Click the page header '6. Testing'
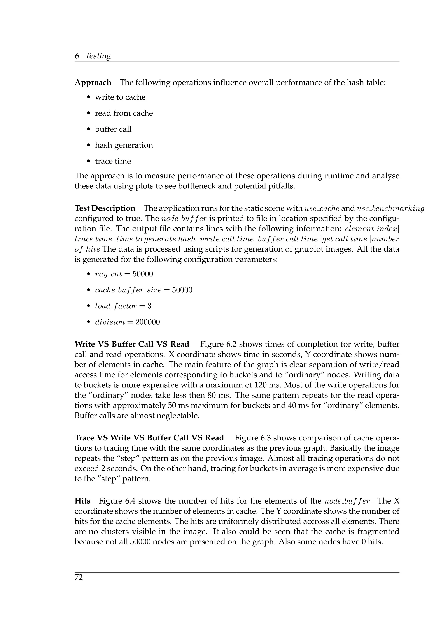93,56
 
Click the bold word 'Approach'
93,83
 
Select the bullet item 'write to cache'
120,97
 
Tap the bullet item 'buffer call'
113,129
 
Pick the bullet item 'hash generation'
124,145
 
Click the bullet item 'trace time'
113,161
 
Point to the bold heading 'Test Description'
105,208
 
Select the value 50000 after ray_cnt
143,274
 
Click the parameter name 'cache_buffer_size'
128,291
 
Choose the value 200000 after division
148,322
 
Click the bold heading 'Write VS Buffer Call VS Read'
132,344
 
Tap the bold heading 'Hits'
82,501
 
